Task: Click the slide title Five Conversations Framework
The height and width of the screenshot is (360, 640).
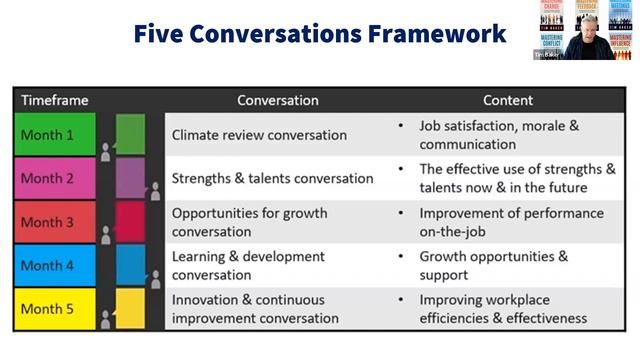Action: pos(319,34)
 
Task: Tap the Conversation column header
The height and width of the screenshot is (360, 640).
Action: pos(277,100)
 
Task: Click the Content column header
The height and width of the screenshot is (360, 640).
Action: pos(508,100)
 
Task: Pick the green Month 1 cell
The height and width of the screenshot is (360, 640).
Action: pos(55,135)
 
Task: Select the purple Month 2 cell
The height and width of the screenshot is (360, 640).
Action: pos(55,178)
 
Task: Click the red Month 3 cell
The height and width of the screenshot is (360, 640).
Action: pos(55,221)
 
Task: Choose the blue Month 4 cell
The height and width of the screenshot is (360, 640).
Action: pos(55,265)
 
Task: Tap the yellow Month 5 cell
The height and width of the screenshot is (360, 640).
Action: pos(55,308)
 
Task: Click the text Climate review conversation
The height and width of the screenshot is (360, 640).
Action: pos(259,135)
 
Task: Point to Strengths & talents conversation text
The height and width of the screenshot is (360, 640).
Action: pos(272,178)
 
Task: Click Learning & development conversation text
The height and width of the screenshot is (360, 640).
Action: pos(248,265)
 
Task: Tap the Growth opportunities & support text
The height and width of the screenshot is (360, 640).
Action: pos(493,265)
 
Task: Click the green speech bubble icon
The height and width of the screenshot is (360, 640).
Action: pos(130,134)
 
